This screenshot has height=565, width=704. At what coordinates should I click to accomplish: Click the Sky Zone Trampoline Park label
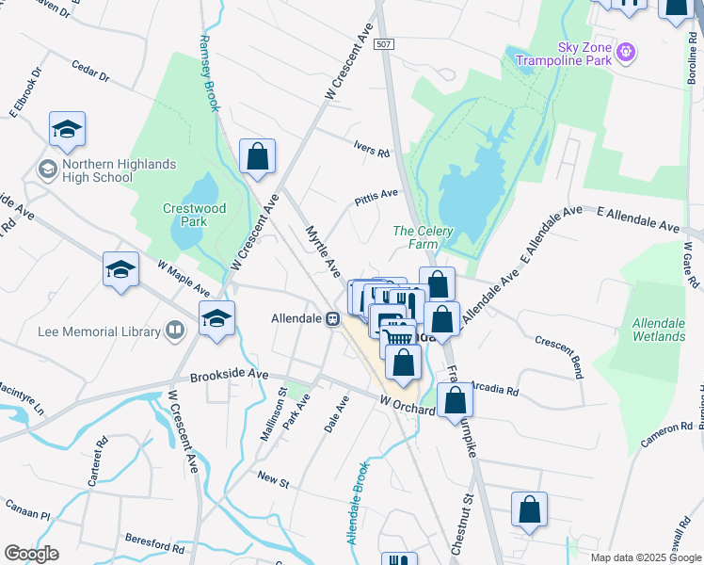click(562, 55)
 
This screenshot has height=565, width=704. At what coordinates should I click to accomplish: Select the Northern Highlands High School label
click(119, 170)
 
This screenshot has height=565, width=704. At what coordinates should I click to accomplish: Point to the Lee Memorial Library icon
click(174, 331)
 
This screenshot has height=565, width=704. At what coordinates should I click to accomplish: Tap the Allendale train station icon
click(333, 319)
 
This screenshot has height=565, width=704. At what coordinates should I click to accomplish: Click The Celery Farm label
click(424, 237)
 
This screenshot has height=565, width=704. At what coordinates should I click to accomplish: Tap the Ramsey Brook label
click(209, 73)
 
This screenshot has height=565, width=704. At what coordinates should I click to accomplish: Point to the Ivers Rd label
click(371, 151)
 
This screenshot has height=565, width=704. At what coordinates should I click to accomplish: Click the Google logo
click(31, 554)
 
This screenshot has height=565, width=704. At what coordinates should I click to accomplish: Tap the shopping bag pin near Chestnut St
click(529, 508)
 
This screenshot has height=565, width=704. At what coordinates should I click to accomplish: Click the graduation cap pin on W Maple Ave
click(121, 270)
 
